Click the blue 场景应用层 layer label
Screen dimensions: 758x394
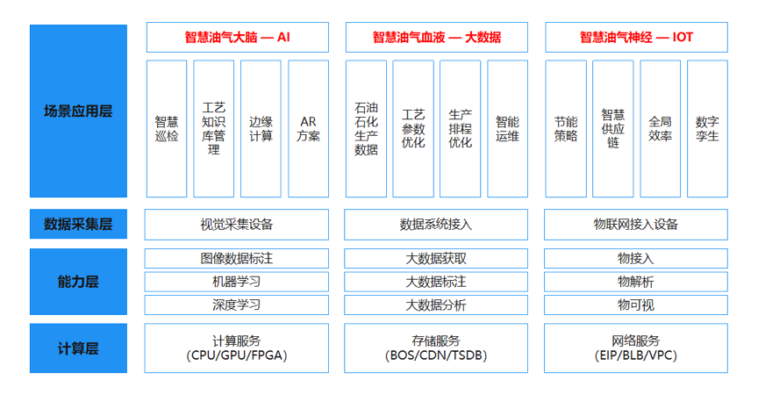(x=78, y=111)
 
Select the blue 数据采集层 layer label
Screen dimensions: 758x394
(x=78, y=224)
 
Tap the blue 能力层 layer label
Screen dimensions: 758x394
(x=78, y=282)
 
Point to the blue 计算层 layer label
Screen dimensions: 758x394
(x=78, y=348)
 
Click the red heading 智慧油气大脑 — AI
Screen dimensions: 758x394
(x=238, y=37)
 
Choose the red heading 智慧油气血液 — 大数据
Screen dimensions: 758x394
(x=437, y=37)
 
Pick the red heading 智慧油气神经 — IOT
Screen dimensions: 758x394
(x=636, y=37)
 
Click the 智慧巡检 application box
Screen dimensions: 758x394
(x=167, y=129)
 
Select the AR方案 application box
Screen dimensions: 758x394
(x=309, y=129)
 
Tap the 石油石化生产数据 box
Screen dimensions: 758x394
(x=366, y=129)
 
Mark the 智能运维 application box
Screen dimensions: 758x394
(x=508, y=129)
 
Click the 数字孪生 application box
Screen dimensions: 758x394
(x=707, y=129)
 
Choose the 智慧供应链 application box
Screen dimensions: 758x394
(x=613, y=129)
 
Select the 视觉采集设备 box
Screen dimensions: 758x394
(x=236, y=225)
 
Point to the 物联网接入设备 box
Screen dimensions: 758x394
(x=636, y=225)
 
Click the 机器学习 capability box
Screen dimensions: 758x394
(x=236, y=282)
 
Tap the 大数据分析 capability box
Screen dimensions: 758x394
(x=436, y=305)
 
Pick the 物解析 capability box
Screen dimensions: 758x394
(x=636, y=282)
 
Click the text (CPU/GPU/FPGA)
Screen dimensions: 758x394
(x=236, y=355)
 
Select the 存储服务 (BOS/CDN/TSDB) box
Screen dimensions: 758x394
(x=436, y=348)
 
